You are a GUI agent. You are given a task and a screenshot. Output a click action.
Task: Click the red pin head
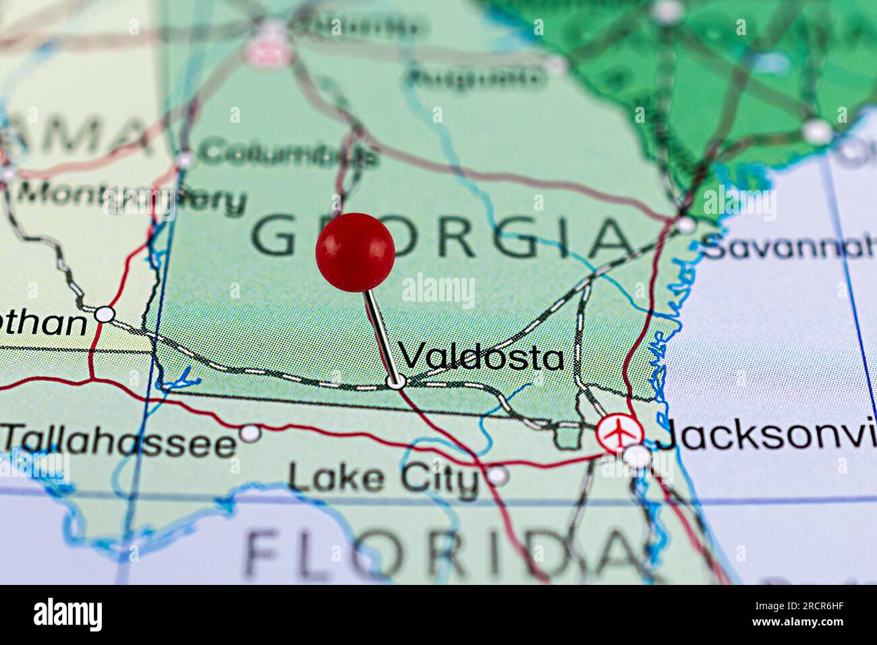[x=355, y=252]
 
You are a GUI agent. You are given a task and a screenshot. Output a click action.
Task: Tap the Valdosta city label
[x=482, y=356]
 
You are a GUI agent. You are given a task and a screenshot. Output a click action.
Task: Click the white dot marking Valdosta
[x=396, y=382]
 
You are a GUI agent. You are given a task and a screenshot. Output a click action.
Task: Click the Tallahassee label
[x=119, y=443]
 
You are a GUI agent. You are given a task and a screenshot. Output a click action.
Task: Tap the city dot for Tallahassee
[x=251, y=432]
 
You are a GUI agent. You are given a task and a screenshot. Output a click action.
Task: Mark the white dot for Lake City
[x=498, y=476]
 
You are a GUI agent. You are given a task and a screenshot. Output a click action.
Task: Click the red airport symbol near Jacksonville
[x=615, y=432]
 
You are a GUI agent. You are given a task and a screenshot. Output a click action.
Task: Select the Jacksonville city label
[x=766, y=435]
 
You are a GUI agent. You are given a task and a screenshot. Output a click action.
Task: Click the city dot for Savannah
[x=685, y=225]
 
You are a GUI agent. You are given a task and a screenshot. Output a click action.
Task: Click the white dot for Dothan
[x=105, y=314]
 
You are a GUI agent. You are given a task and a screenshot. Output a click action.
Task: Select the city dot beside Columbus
[x=184, y=161]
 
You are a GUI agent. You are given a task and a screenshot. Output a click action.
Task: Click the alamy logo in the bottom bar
[x=68, y=615]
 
